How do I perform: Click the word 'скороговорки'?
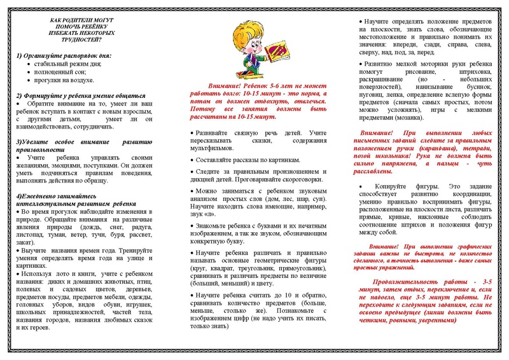300,180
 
